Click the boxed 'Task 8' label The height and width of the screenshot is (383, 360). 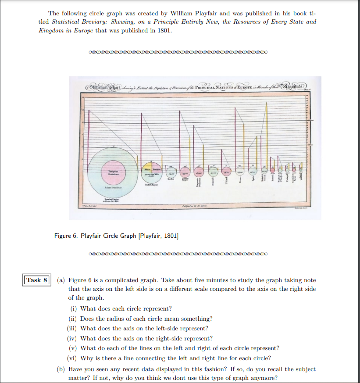(x=37, y=280)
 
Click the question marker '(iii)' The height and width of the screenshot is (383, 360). (x=73, y=328)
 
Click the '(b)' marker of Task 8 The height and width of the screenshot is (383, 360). (x=62, y=369)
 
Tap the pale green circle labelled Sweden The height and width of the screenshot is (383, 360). (x=171, y=173)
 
